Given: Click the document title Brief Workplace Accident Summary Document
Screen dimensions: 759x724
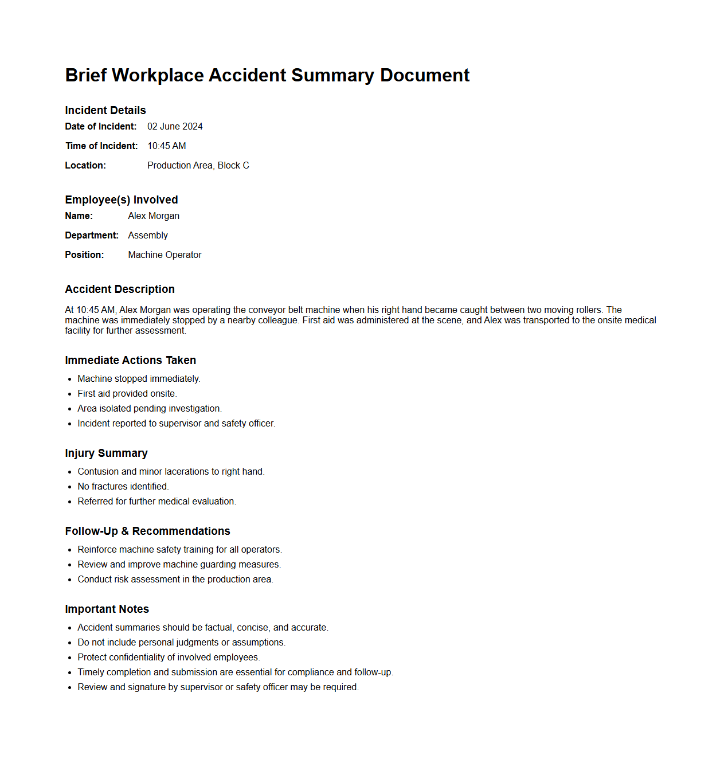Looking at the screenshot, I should click(x=267, y=75).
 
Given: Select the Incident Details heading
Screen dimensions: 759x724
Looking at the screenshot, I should click(x=105, y=110).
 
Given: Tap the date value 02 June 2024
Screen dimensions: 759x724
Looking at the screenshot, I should click(x=175, y=126).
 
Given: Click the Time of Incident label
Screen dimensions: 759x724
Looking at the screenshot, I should click(x=101, y=146).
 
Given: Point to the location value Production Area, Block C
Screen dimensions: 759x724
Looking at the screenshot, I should click(x=198, y=165).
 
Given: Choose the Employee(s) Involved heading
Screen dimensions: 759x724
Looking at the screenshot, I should click(x=122, y=199).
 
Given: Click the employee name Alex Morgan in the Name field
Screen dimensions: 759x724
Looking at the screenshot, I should click(x=154, y=216).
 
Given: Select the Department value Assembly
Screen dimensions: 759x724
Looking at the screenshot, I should click(x=148, y=235).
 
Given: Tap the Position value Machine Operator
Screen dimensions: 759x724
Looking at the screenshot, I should click(x=165, y=255).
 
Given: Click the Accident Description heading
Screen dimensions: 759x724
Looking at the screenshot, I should click(x=120, y=289).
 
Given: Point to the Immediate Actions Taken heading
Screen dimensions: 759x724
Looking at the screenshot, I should click(x=131, y=360).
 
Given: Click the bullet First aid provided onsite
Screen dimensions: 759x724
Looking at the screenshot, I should click(x=127, y=393).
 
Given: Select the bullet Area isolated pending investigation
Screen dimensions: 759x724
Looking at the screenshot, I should click(x=150, y=408).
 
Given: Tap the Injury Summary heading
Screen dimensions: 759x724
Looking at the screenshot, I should click(x=106, y=453).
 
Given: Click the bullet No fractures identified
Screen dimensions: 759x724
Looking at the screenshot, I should click(x=123, y=486).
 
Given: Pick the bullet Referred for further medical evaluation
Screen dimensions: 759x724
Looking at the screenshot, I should click(x=156, y=501).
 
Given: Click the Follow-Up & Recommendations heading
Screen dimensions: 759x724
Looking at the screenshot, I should click(x=147, y=531).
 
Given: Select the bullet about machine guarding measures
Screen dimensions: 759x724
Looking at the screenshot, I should click(x=179, y=564).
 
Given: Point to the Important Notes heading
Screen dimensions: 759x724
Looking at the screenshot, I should click(x=107, y=609).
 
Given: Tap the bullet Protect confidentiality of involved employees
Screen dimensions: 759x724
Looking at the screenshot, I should click(x=169, y=657).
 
